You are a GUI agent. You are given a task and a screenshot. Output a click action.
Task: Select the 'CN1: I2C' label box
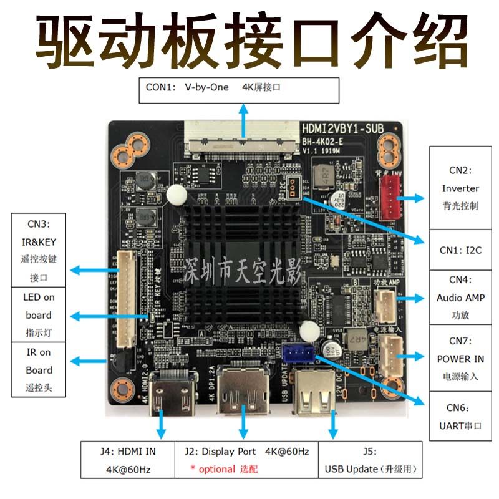click(x=460, y=250)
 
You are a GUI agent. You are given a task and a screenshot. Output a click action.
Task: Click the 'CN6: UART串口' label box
click(x=460, y=417)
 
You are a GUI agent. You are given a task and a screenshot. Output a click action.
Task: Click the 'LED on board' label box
click(x=39, y=315)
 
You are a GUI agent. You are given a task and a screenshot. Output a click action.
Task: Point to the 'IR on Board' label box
click(x=39, y=370)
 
